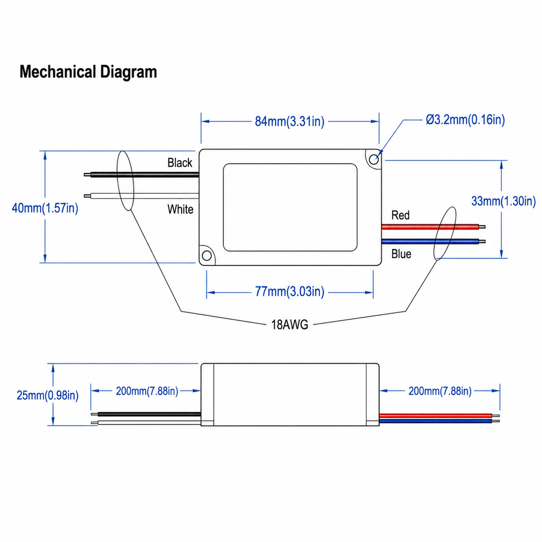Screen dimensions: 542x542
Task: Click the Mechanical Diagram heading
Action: tap(88, 72)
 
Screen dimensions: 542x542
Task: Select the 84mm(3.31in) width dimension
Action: tap(290, 121)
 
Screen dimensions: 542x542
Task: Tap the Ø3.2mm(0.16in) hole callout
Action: tap(465, 120)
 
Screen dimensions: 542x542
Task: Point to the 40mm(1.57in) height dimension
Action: tap(45, 208)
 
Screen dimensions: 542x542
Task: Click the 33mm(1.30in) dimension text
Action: tap(504, 201)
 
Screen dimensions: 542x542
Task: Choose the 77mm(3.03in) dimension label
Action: tap(290, 292)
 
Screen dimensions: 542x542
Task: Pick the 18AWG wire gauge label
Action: tap(290, 325)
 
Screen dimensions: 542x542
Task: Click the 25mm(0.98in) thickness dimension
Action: tap(48, 395)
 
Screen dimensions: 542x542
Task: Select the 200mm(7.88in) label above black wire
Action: tap(147, 391)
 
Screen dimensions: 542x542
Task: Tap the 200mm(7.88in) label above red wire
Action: tap(440, 391)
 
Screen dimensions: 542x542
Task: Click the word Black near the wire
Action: tap(180, 162)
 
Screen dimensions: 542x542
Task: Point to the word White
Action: tap(180, 209)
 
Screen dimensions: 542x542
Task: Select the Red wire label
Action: tap(400, 215)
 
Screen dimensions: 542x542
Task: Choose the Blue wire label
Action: tap(401, 254)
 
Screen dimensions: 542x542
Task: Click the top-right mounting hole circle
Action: tap(374, 159)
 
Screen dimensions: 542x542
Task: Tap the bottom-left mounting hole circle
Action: tap(207, 256)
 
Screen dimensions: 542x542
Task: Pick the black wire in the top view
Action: tap(141, 175)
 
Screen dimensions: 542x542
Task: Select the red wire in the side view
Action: tap(439, 415)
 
